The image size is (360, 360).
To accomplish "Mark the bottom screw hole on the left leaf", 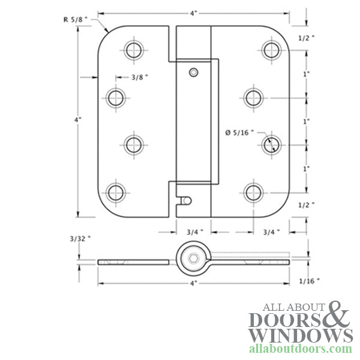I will pos(116,192).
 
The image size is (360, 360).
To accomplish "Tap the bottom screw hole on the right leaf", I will pos(254,192).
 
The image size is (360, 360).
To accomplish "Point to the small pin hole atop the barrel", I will pos(193,73).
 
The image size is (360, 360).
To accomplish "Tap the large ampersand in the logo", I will pos(335,315).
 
